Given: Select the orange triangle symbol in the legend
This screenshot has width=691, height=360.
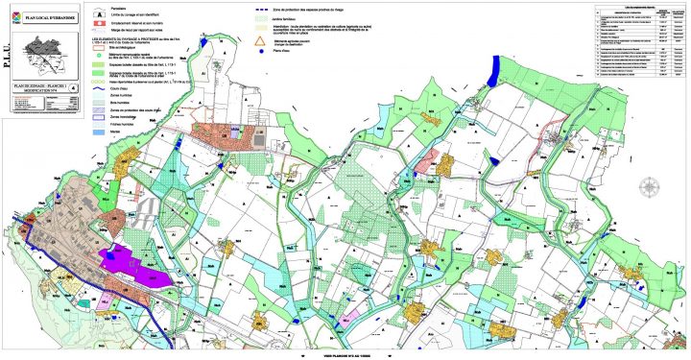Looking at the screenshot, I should tap(255, 42).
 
